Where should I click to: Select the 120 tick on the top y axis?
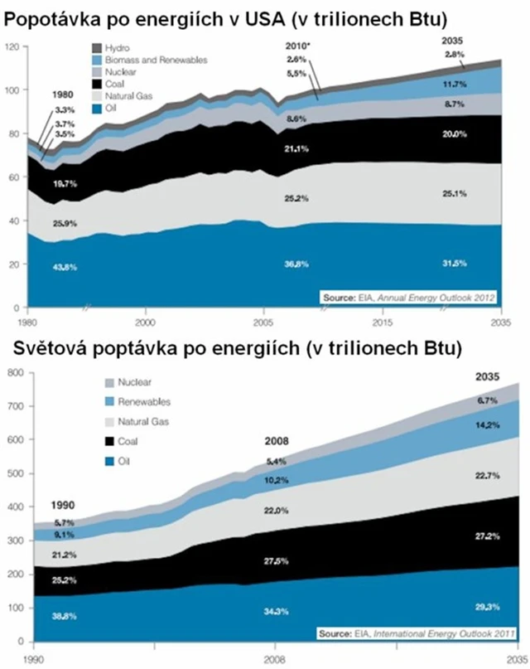tap(12, 47)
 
